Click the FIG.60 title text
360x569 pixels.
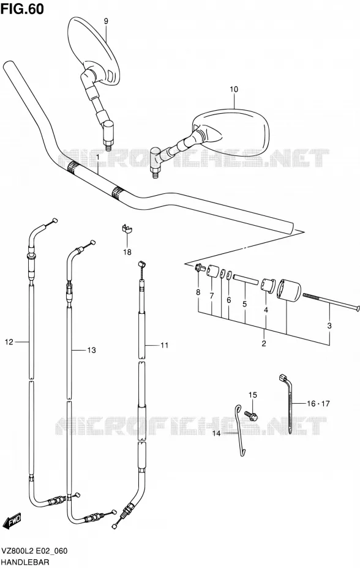pos(22,8)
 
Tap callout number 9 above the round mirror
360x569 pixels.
pos(106,21)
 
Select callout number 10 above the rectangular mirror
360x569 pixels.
pos(234,89)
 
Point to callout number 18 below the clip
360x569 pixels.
pos(127,252)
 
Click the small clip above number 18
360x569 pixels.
pos(127,229)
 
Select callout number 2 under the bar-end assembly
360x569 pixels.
pos(264,343)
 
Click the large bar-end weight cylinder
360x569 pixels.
pos(289,289)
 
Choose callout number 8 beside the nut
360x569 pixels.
pos(198,292)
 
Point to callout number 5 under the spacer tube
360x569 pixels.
pos(244,303)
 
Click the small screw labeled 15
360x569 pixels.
pos(252,415)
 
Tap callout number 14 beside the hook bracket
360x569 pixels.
pos(216,433)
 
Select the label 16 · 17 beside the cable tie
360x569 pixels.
pos(318,403)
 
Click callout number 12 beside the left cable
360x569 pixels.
pos(9,341)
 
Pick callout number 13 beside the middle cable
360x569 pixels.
pos(92,350)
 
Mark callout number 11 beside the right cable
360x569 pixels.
pos(164,345)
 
